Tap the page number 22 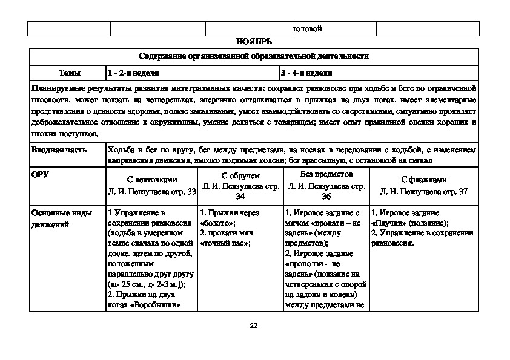(254, 327)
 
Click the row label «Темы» (68, 73)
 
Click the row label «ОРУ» (40, 174)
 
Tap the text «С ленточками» (151, 180)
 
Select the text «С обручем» (240, 176)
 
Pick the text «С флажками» (424, 180)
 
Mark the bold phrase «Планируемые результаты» (73, 88)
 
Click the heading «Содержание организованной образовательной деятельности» (254, 56)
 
